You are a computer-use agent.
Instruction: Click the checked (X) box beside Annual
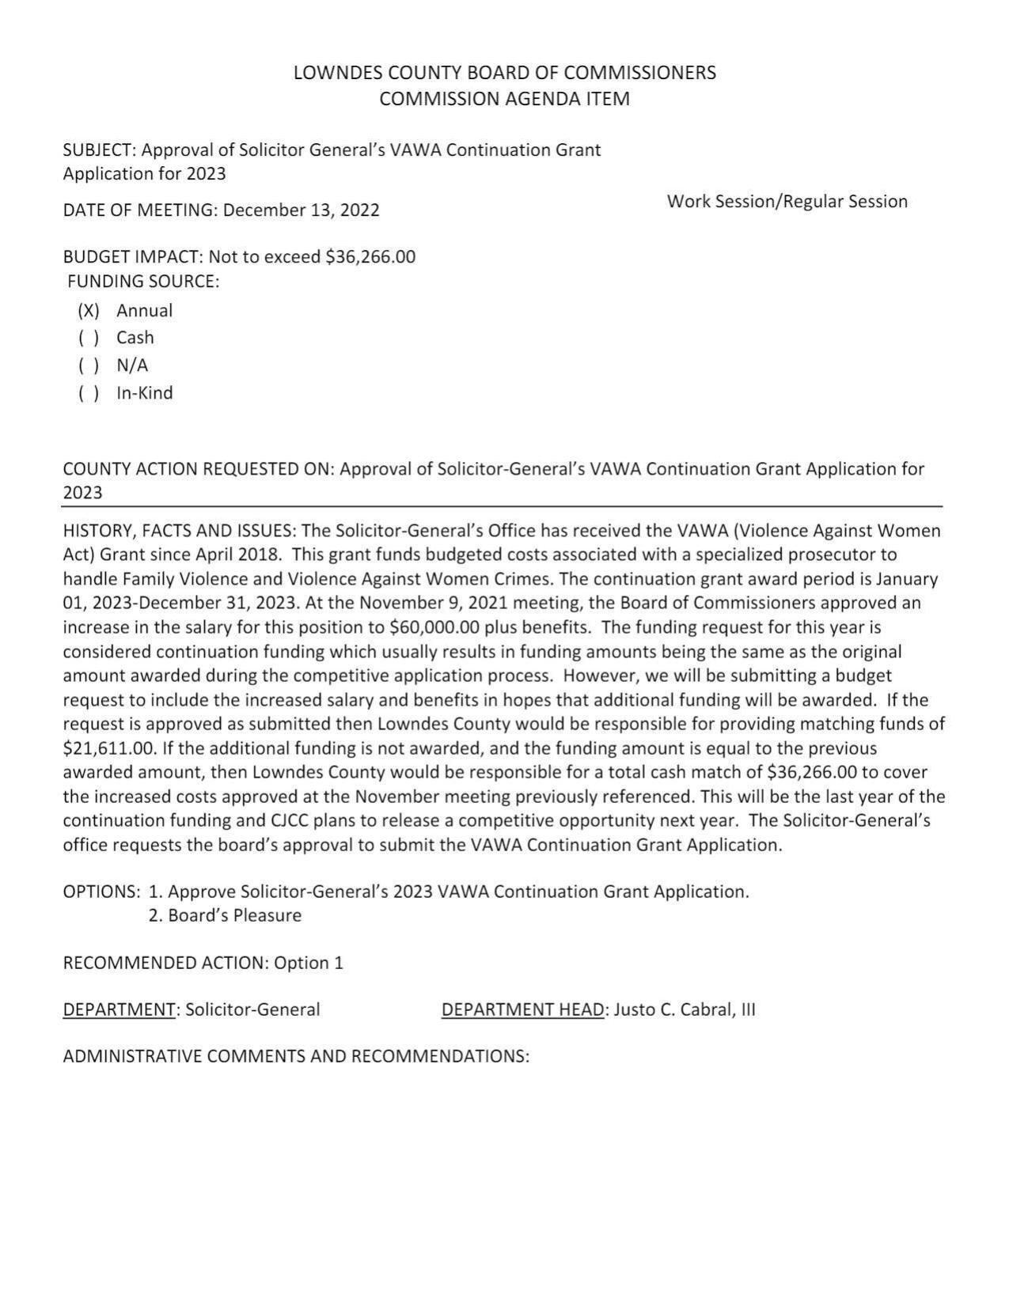pyautogui.click(x=89, y=311)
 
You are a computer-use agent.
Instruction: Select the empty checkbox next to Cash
pyautogui.click(x=89, y=339)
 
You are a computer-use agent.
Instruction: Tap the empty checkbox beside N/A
pyautogui.click(x=89, y=365)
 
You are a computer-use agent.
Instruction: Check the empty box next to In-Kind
pyautogui.click(x=89, y=393)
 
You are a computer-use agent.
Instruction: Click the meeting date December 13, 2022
pyautogui.click(x=301, y=210)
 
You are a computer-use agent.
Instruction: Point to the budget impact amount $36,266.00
pyautogui.click(x=370, y=257)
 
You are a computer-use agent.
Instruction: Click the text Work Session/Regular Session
pyautogui.click(x=787, y=202)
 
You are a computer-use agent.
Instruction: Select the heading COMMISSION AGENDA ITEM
pyautogui.click(x=504, y=99)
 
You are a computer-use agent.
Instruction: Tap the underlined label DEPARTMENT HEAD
pyautogui.click(x=522, y=1010)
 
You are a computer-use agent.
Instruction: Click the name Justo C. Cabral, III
pyautogui.click(x=685, y=1010)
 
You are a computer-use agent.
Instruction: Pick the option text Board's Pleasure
pyautogui.click(x=234, y=916)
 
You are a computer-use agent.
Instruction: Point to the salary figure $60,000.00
pyautogui.click(x=434, y=628)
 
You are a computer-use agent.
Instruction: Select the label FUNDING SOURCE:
pyautogui.click(x=143, y=282)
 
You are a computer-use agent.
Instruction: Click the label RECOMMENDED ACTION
pyautogui.click(x=165, y=963)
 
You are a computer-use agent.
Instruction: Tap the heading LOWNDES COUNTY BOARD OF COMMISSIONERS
pyautogui.click(x=504, y=73)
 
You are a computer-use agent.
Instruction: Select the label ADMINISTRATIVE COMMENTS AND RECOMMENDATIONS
pyautogui.click(x=295, y=1057)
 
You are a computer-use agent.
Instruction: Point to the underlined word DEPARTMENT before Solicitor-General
pyautogui.click(x=119, y=1010)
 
